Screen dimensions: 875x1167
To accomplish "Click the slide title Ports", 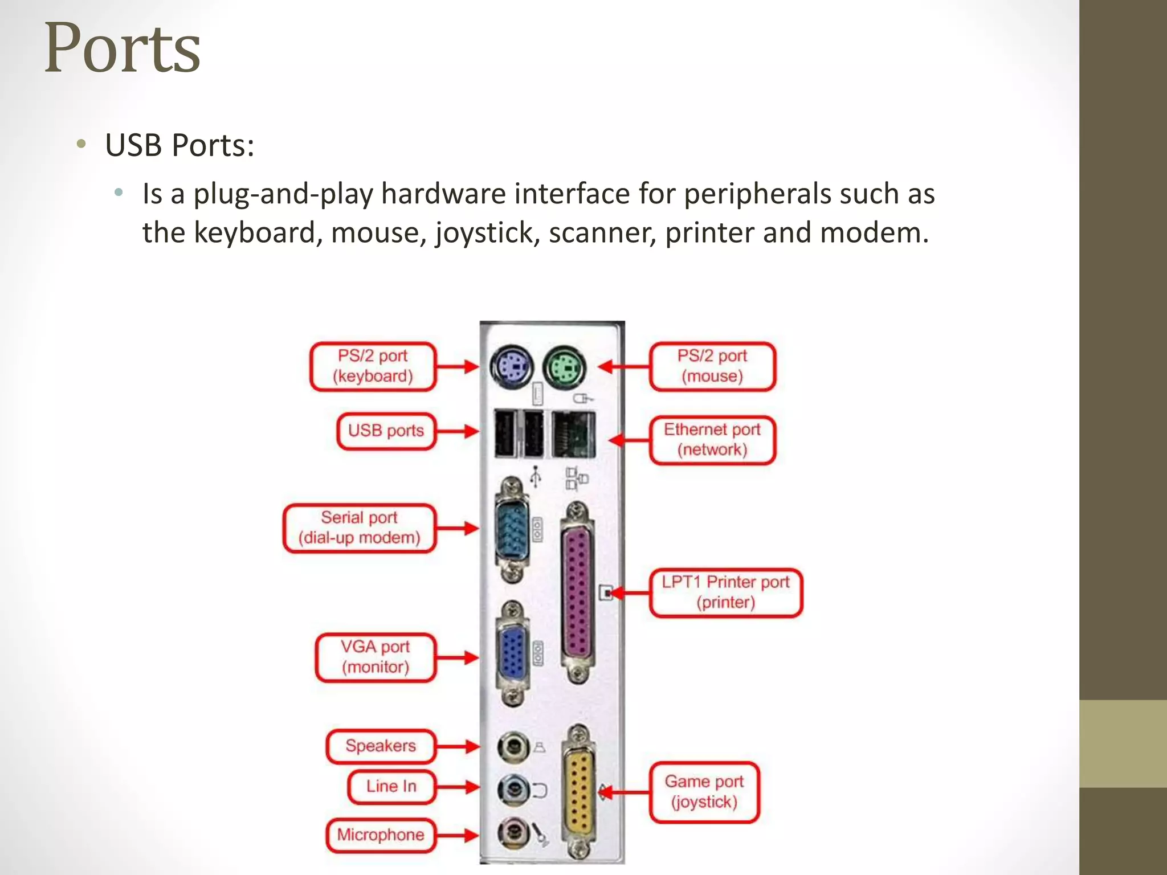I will click(x=122, y=48).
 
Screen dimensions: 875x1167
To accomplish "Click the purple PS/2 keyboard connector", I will click(x=511, y=366).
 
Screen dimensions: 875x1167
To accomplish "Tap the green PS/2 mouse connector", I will click(x=564, y=366).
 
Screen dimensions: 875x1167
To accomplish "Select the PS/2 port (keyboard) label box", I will click(x=373, y=366).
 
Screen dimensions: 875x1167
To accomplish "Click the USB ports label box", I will click(x=386, y=431).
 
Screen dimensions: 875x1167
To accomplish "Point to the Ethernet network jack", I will click(x=573, y=435).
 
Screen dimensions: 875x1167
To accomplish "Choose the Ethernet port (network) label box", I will click(x=712, y=440).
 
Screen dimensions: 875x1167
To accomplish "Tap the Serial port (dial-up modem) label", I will click(x=359, y=528).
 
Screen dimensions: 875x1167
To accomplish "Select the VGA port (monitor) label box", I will click(x=375, y=657).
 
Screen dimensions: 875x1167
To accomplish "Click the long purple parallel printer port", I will click(x=577, y=592).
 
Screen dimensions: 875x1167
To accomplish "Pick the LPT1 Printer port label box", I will click(x=725, y=592).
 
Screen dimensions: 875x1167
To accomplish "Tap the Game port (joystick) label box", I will click(x=704, y=792).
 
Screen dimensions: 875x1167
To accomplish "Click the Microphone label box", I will click(x=380, y=835).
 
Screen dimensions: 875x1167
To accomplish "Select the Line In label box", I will click(x=391, y=787).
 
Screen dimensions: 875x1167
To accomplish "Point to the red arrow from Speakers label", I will click(x=458, y=746).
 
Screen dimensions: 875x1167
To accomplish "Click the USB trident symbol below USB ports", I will click(x=535, y=476).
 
